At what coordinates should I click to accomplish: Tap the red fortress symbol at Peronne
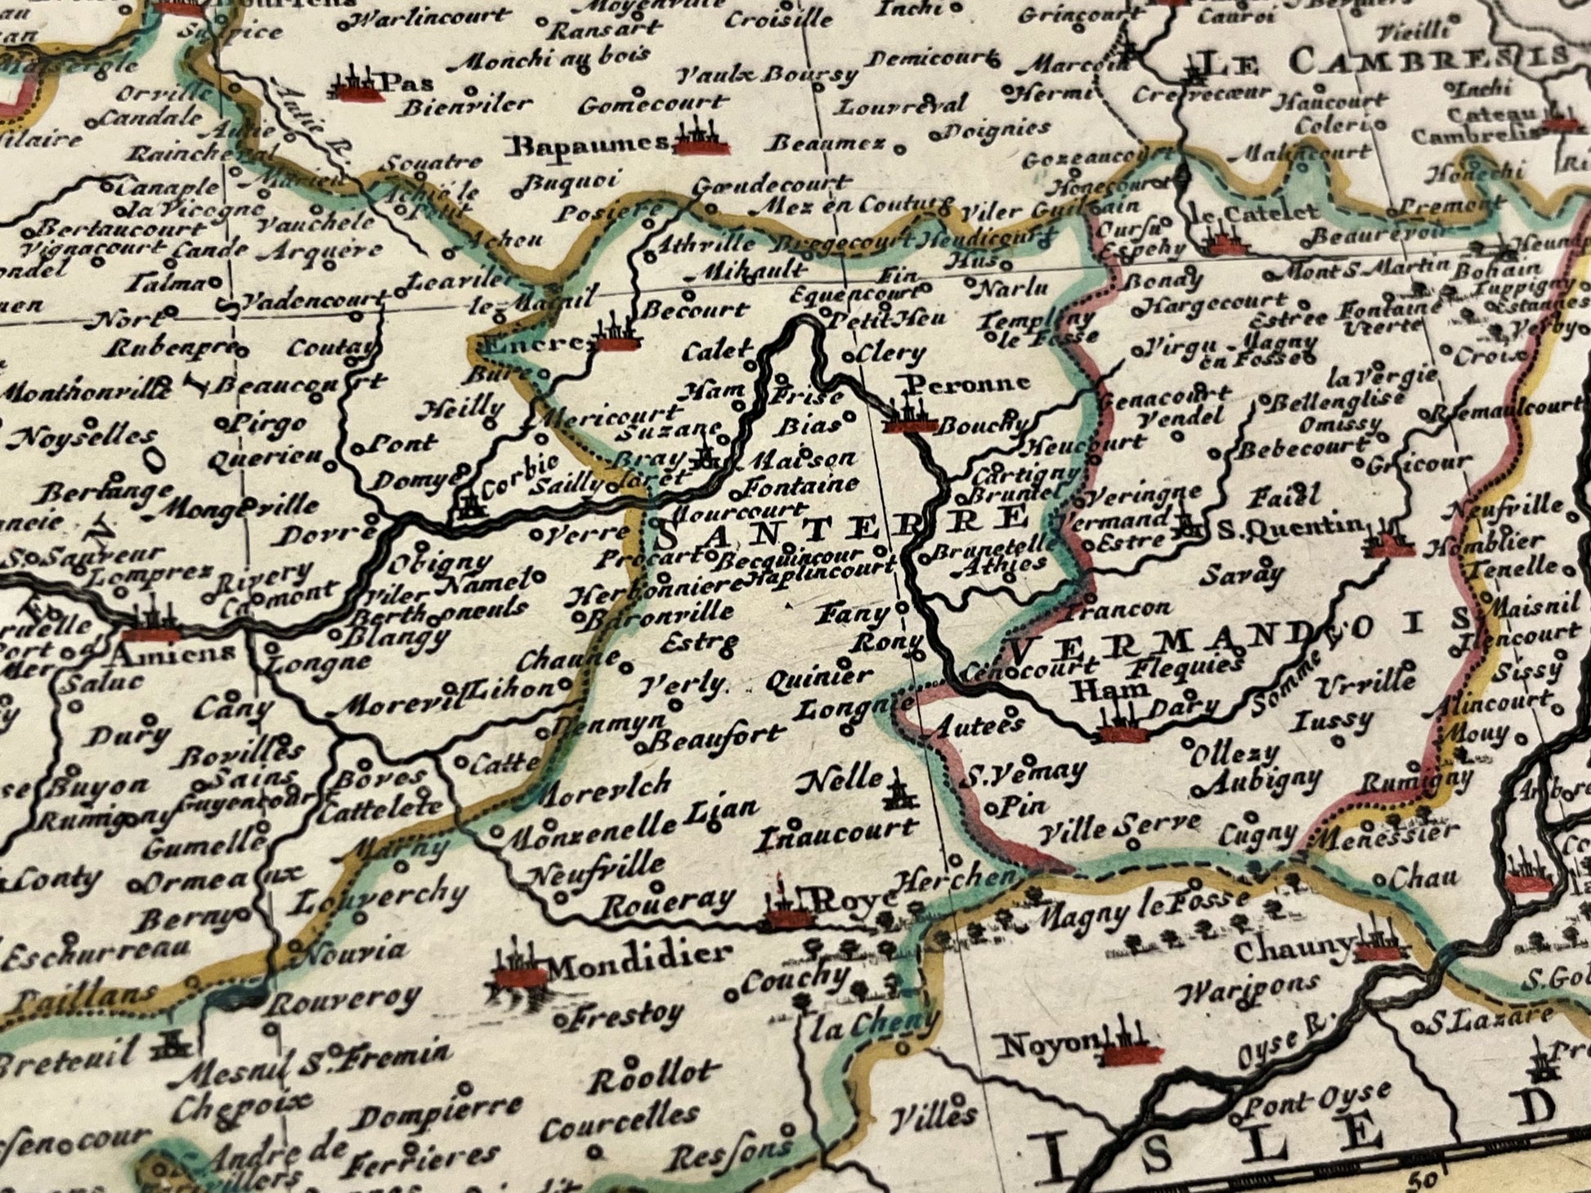pyautogui.click(x=908, y=418)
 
